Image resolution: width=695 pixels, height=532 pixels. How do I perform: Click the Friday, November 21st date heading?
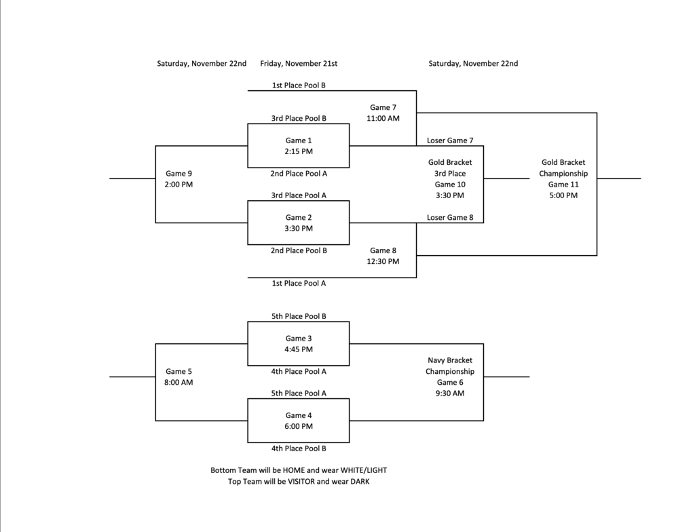tap(299, 64)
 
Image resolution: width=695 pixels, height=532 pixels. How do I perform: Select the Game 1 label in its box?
tap(299, 140)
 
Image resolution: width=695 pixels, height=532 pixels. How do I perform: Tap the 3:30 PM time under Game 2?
tap(299, 229)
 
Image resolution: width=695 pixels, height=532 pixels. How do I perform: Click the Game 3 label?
tap(299, 339)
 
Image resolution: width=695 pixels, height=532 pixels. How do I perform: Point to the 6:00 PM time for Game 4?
tap(299, 427)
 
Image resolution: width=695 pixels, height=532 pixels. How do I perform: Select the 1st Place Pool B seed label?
tap(299, 85)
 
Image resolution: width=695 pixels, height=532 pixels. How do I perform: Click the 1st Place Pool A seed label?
tap(299, 284)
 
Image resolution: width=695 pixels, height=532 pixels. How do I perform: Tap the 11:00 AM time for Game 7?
tap(383, 119)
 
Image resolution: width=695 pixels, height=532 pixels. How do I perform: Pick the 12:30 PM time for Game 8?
tap(383, 262)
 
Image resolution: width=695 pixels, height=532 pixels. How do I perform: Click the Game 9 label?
tap(179, 174)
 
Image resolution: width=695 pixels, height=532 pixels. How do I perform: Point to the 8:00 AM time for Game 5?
tap(179, 383)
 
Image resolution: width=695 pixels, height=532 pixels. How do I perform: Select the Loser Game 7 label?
tap(450, 141)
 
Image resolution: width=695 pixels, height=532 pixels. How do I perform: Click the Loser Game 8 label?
tap(450, 218)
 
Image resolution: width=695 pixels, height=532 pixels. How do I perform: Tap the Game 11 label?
tap(563, 185)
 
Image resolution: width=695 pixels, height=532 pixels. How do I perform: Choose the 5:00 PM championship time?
tap(563, 195)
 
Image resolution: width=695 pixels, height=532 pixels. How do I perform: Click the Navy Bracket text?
tap(450, 361)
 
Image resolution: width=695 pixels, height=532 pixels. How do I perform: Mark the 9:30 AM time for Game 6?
tap(450, 394)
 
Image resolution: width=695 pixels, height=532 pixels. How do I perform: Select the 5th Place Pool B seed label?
tap(299, 317)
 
